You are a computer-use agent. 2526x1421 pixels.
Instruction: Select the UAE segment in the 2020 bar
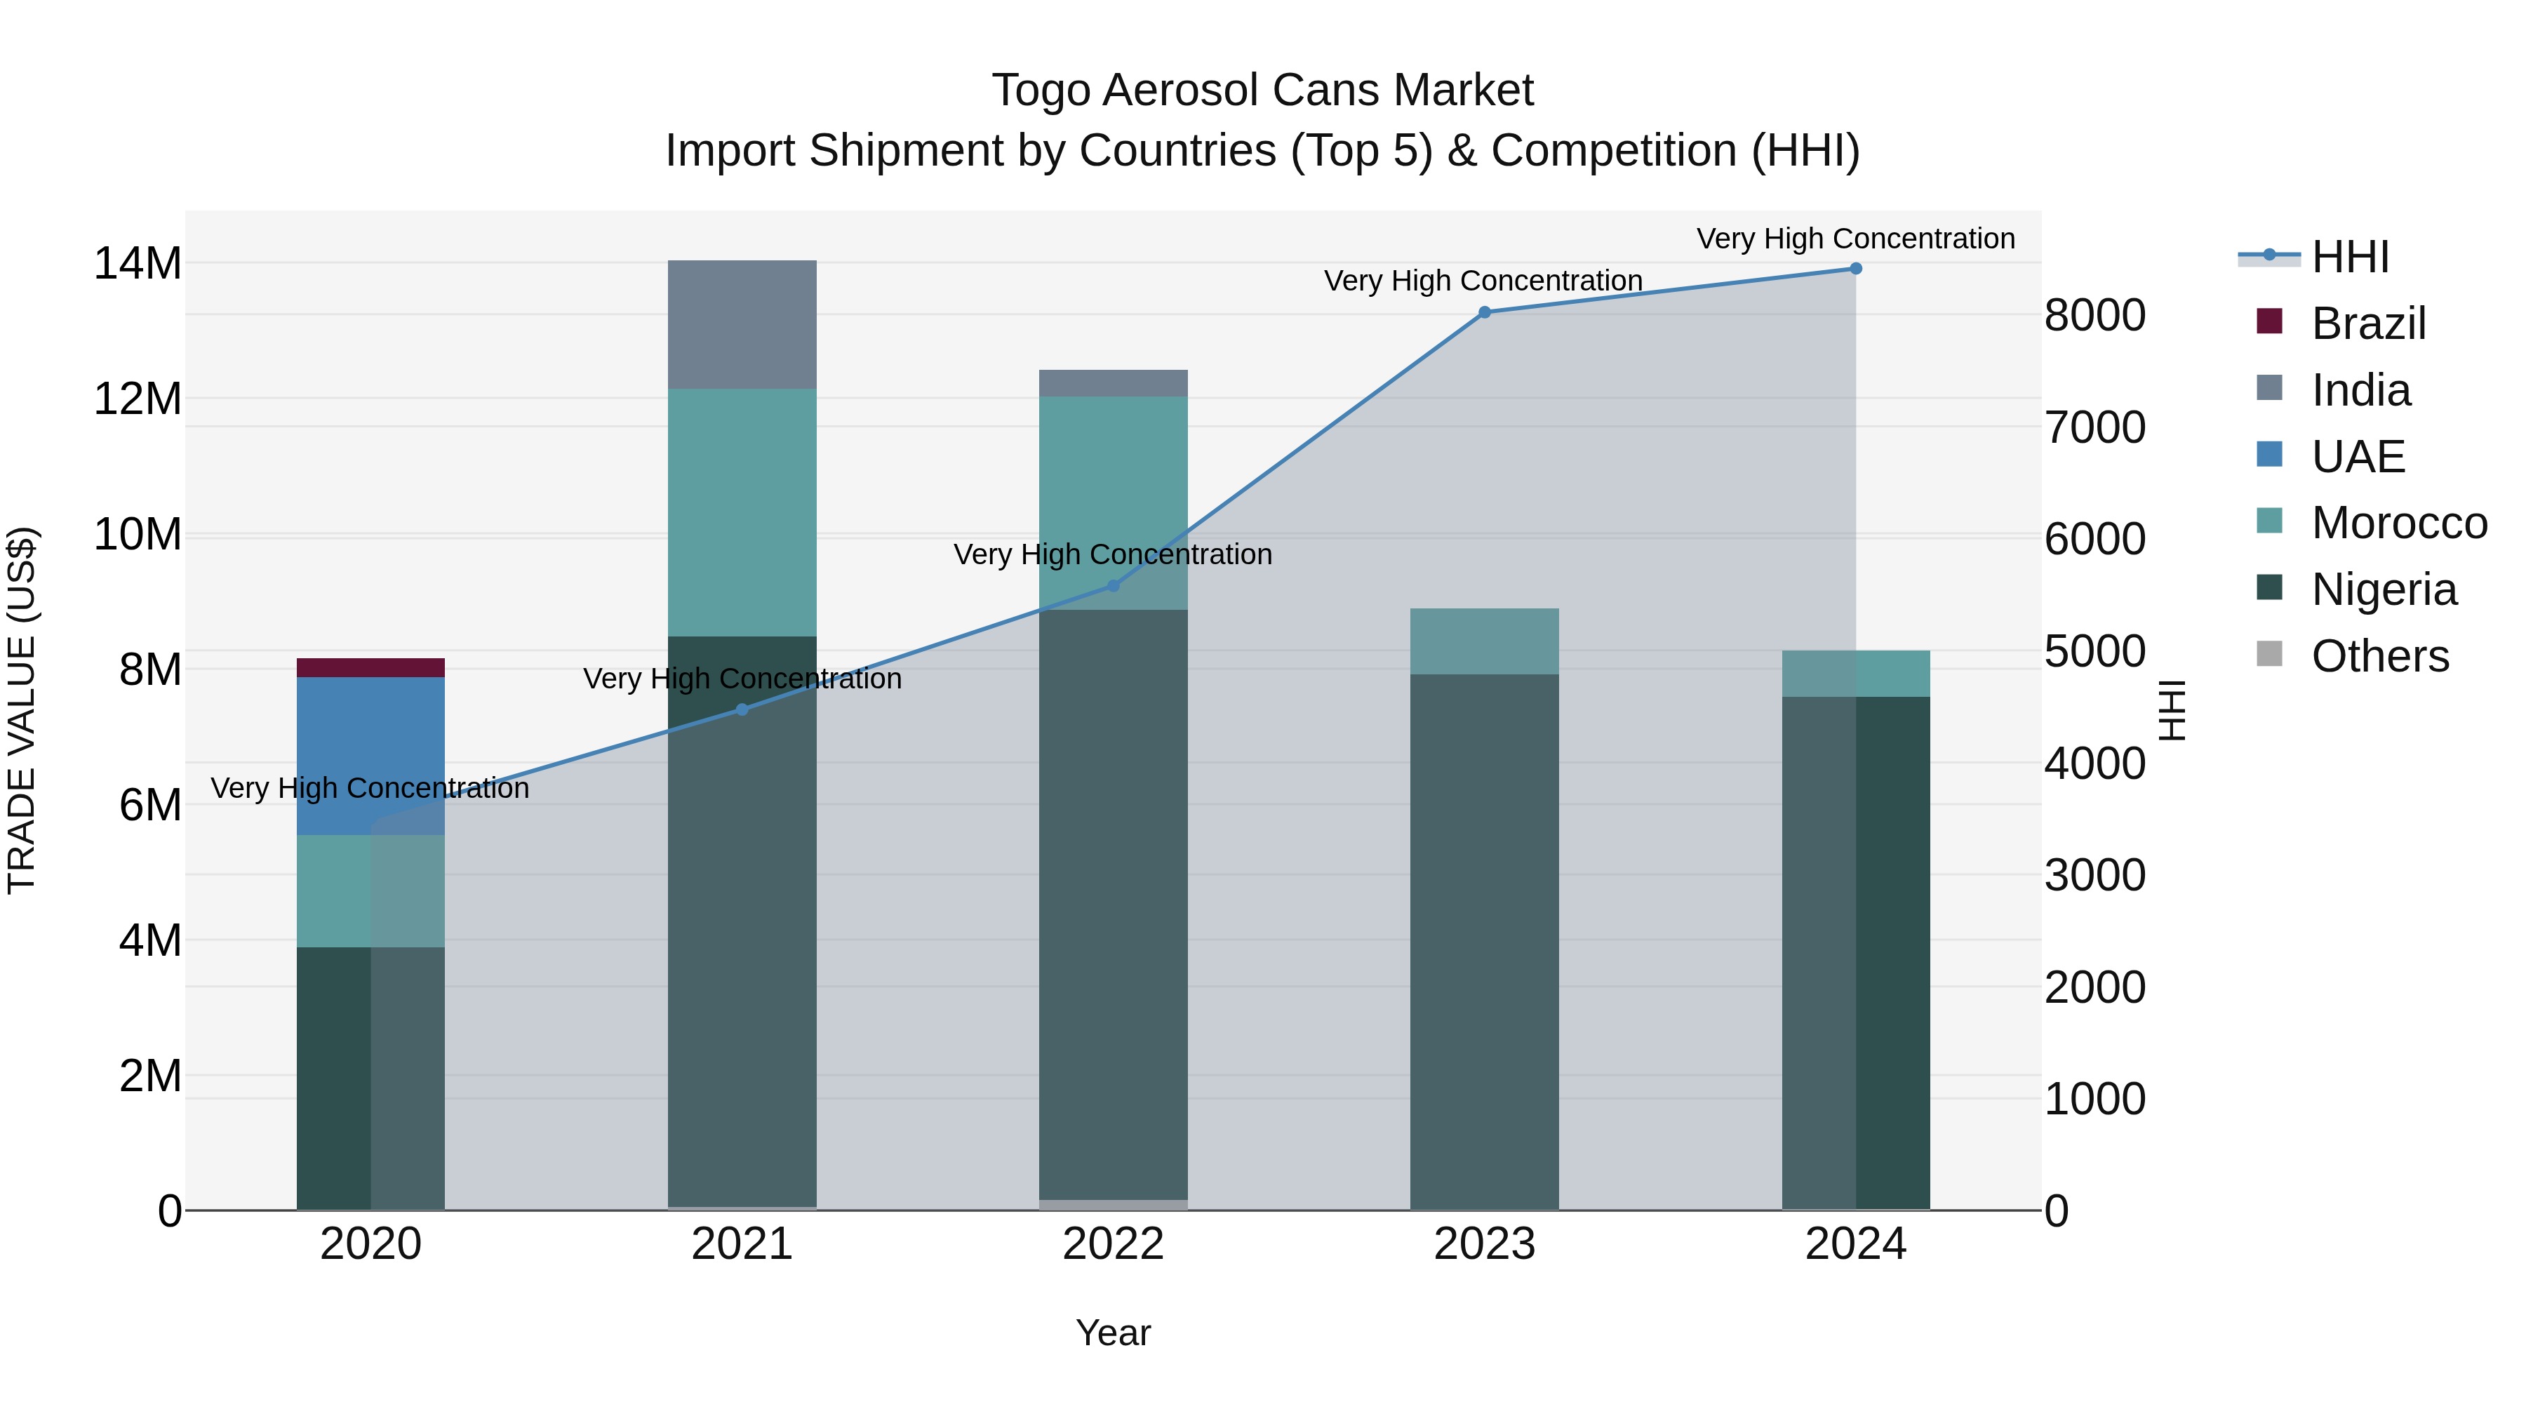(370, 755)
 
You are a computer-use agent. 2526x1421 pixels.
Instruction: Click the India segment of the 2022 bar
(1113, 382)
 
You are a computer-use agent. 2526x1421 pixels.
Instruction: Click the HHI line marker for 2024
(1855, 268)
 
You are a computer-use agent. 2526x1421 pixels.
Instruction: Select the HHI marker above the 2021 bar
(742, 709)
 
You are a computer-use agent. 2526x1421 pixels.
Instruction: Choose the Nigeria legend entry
(2383, 589)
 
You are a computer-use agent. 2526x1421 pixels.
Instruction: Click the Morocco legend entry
(2398, 523)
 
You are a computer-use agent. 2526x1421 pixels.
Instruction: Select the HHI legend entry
(2348, 257)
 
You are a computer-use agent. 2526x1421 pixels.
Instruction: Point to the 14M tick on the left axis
(138, 264)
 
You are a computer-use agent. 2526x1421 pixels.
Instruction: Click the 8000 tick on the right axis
(2094, 316)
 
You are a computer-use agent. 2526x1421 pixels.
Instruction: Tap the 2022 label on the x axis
(1113, 1244)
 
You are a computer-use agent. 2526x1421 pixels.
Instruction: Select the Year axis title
(1113, 1333)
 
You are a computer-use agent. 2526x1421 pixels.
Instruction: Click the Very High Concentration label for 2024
(1855, 239)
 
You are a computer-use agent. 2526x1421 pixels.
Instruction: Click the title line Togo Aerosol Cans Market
(1262, 91)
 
